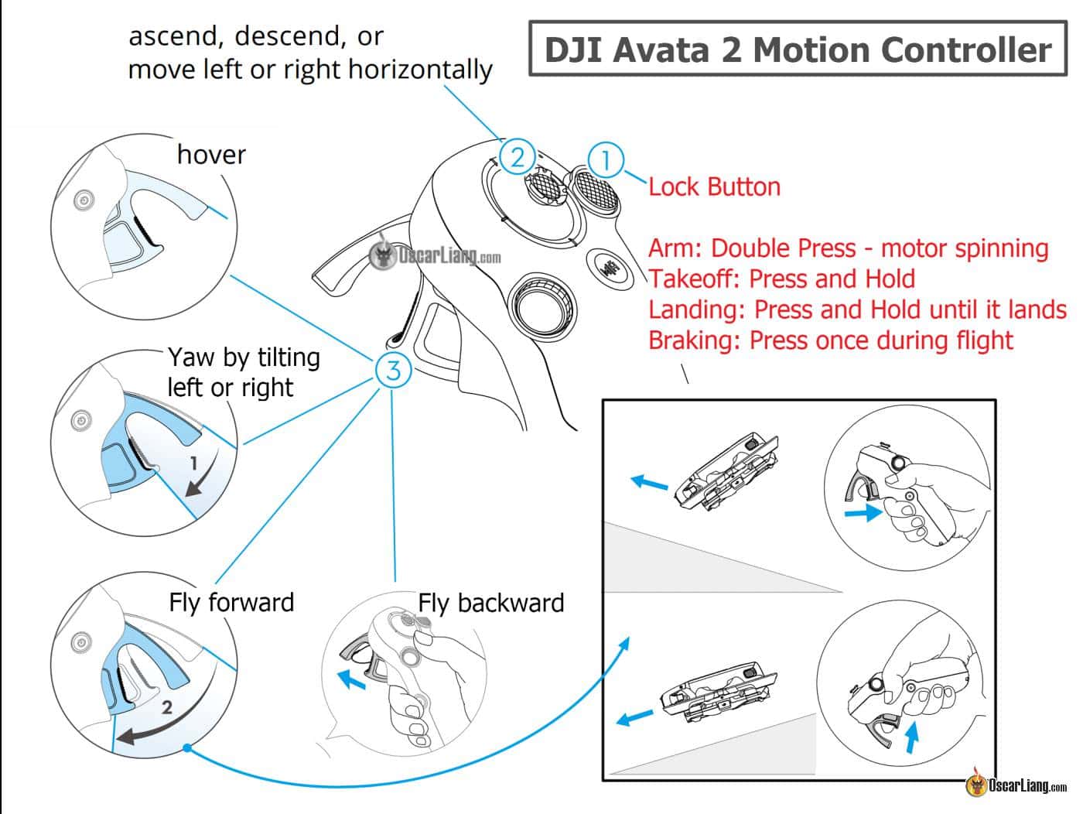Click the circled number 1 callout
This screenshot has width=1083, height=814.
click(606, 160)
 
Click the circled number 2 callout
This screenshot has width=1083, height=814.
click(517, 157)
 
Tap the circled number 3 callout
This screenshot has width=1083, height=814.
click(393, 371)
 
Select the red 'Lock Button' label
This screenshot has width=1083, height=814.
click(714, 186)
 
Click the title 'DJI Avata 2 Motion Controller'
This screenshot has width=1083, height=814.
click(798, 50)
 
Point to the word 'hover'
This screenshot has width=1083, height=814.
click(211, 155)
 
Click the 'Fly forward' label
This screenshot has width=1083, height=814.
click(231, 602)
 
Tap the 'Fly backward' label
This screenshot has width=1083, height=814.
click(491, 603)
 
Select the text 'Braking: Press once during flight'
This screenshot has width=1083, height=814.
click(830, 340)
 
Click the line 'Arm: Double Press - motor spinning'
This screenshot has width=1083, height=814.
click(848, 248)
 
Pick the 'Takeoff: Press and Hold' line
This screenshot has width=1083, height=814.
click(781, 279)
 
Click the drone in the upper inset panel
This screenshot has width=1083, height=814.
click(726, 472)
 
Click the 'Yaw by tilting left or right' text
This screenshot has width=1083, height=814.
click(243, 372)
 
